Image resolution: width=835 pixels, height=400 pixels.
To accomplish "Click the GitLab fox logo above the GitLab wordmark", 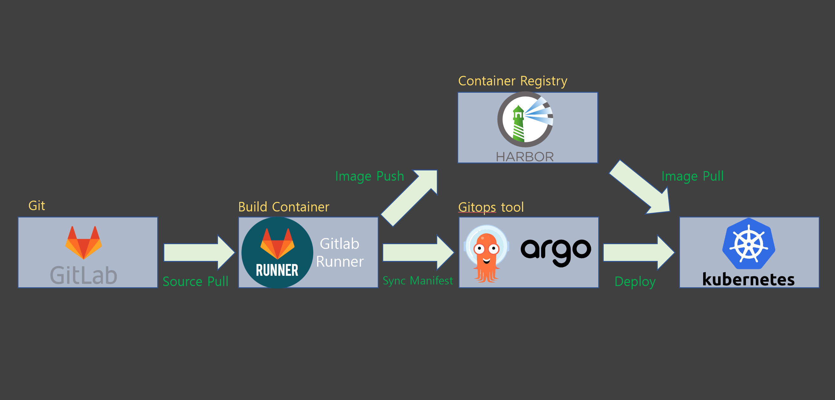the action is tap(84, 243).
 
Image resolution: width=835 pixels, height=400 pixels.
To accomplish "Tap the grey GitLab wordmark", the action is tap(84, 275).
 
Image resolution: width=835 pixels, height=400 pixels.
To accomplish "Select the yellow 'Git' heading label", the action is tap(37, 206).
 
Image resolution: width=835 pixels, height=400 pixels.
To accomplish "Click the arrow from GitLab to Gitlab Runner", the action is tap(199, 253).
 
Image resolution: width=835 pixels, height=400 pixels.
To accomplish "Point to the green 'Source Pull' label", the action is tap(195, 281).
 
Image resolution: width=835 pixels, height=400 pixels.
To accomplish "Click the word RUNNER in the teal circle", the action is tap(277, 270).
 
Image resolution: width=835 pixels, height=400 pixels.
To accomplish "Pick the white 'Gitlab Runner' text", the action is tap(340, 253).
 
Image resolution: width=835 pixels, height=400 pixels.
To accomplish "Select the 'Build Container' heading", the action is tap(284, 207).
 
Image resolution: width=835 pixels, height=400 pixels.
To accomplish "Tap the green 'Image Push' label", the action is tap(370, 176).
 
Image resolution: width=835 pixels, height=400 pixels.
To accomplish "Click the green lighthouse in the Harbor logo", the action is tap(518, 124).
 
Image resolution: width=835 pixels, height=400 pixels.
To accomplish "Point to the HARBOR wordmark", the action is tap(525, 157).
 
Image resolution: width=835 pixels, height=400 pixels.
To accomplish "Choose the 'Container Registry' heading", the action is tap(513, 81).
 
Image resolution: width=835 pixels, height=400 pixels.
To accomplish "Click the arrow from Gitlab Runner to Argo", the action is tap(418, 253).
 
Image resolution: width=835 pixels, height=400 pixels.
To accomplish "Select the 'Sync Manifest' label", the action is tap(418, 281).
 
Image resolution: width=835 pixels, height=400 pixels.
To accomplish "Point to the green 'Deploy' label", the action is tap(635, 282).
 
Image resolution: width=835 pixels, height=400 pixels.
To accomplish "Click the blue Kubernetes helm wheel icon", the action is tap(749, 243).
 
